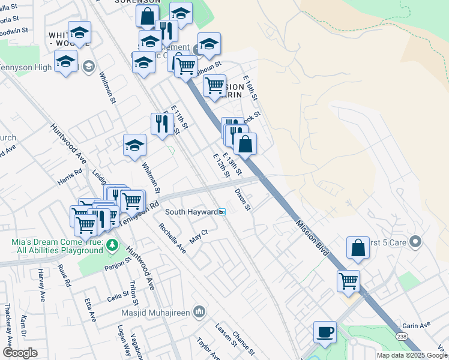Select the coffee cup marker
[x=325, y=332]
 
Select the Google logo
[x=20, y=353]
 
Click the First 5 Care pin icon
[x=415, y=242]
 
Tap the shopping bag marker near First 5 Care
[x=358, y=248]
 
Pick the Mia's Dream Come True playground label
[x=58, y=246]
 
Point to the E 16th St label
[x=250, y=88]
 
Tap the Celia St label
[x=114, y=296]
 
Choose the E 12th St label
[x=221, y=164]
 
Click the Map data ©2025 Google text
[x=412, y=355]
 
